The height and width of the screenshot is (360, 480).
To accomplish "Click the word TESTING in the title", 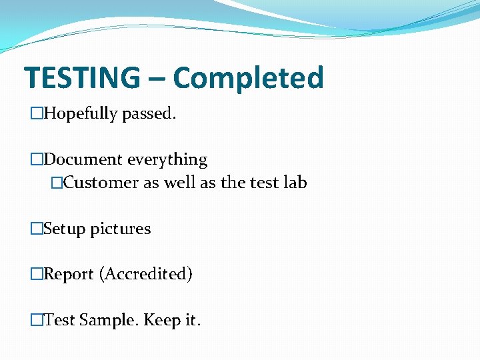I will tap(82, 78).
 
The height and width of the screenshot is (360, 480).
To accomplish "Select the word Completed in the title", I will tap(248, 78).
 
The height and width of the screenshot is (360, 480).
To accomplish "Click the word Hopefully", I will tap(81, 114).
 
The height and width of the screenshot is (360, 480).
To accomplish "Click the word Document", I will tap(83, 160).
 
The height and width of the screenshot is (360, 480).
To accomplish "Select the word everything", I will tap(167, 160).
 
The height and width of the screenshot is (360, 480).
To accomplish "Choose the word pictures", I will tap(121, 229).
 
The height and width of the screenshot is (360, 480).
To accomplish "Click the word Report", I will tap(69, 274).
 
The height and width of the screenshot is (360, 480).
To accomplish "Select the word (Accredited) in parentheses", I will tap(146, 274).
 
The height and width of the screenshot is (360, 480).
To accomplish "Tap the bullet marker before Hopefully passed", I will tap(37, 114).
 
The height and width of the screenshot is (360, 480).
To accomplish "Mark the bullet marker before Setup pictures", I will tap(37, 229).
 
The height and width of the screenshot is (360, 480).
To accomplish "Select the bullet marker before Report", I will tap(37, 274).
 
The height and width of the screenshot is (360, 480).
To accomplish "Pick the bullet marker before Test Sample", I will tap(37, 320).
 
